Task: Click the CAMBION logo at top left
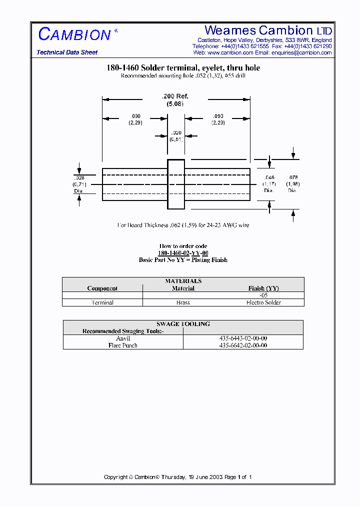[x=74, y=34]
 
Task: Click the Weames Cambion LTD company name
[x=268, y=30]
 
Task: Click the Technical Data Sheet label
[x=67, y=52]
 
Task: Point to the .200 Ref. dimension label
[x=175, y=96]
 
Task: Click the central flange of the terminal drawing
[x=175, y=184]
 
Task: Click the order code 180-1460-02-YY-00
[x=183, y=253]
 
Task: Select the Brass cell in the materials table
[x=183, y=302]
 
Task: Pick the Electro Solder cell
[x=263, y=302]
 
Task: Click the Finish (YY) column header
[x=263, y=288]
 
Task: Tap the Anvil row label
[x=123, y=338]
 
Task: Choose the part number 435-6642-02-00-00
[x=243, y=345]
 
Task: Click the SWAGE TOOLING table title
[x=183, y=324]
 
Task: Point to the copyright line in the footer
[x=177, y=477]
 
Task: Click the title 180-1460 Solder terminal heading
[x=183, y=67]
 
